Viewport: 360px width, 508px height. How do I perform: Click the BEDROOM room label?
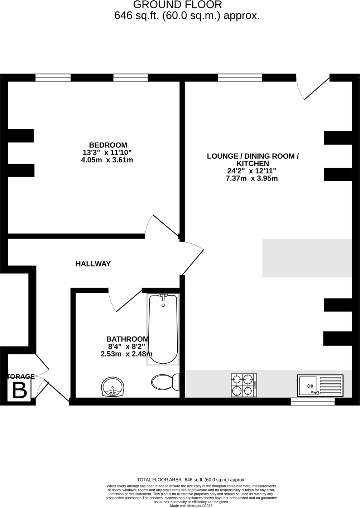click(108, 145)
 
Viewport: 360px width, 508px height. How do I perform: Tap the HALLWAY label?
click(93, 264)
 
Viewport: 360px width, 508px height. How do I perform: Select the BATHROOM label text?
click(128, 339)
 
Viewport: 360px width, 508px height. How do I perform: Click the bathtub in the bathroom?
click(163, 329)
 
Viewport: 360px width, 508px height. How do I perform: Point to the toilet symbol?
click(165, 383)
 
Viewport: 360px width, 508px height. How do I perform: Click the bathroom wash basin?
click(113, 387)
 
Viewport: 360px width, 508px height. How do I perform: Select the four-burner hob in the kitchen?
click(244, 385)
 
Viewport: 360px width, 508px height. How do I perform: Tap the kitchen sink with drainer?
click(320, 385)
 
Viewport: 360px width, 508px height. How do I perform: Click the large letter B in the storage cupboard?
click(20, 391)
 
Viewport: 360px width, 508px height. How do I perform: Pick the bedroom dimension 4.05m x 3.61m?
click(107, 160)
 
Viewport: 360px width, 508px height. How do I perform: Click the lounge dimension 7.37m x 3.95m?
click(252, 178)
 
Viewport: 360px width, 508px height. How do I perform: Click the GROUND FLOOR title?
click(178, 5)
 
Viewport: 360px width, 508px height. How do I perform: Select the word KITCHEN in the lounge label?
click(253, 164)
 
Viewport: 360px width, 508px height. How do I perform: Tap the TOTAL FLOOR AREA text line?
click(191, 480)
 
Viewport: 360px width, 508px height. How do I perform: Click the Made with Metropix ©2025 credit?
click(191, 506)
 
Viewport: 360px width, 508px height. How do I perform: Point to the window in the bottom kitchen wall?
click(312, 402)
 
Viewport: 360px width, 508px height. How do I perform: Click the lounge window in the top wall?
click(240, 77)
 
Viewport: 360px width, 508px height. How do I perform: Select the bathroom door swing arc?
click(112, 302)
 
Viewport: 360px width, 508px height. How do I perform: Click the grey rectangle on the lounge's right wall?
click(307, 258)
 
